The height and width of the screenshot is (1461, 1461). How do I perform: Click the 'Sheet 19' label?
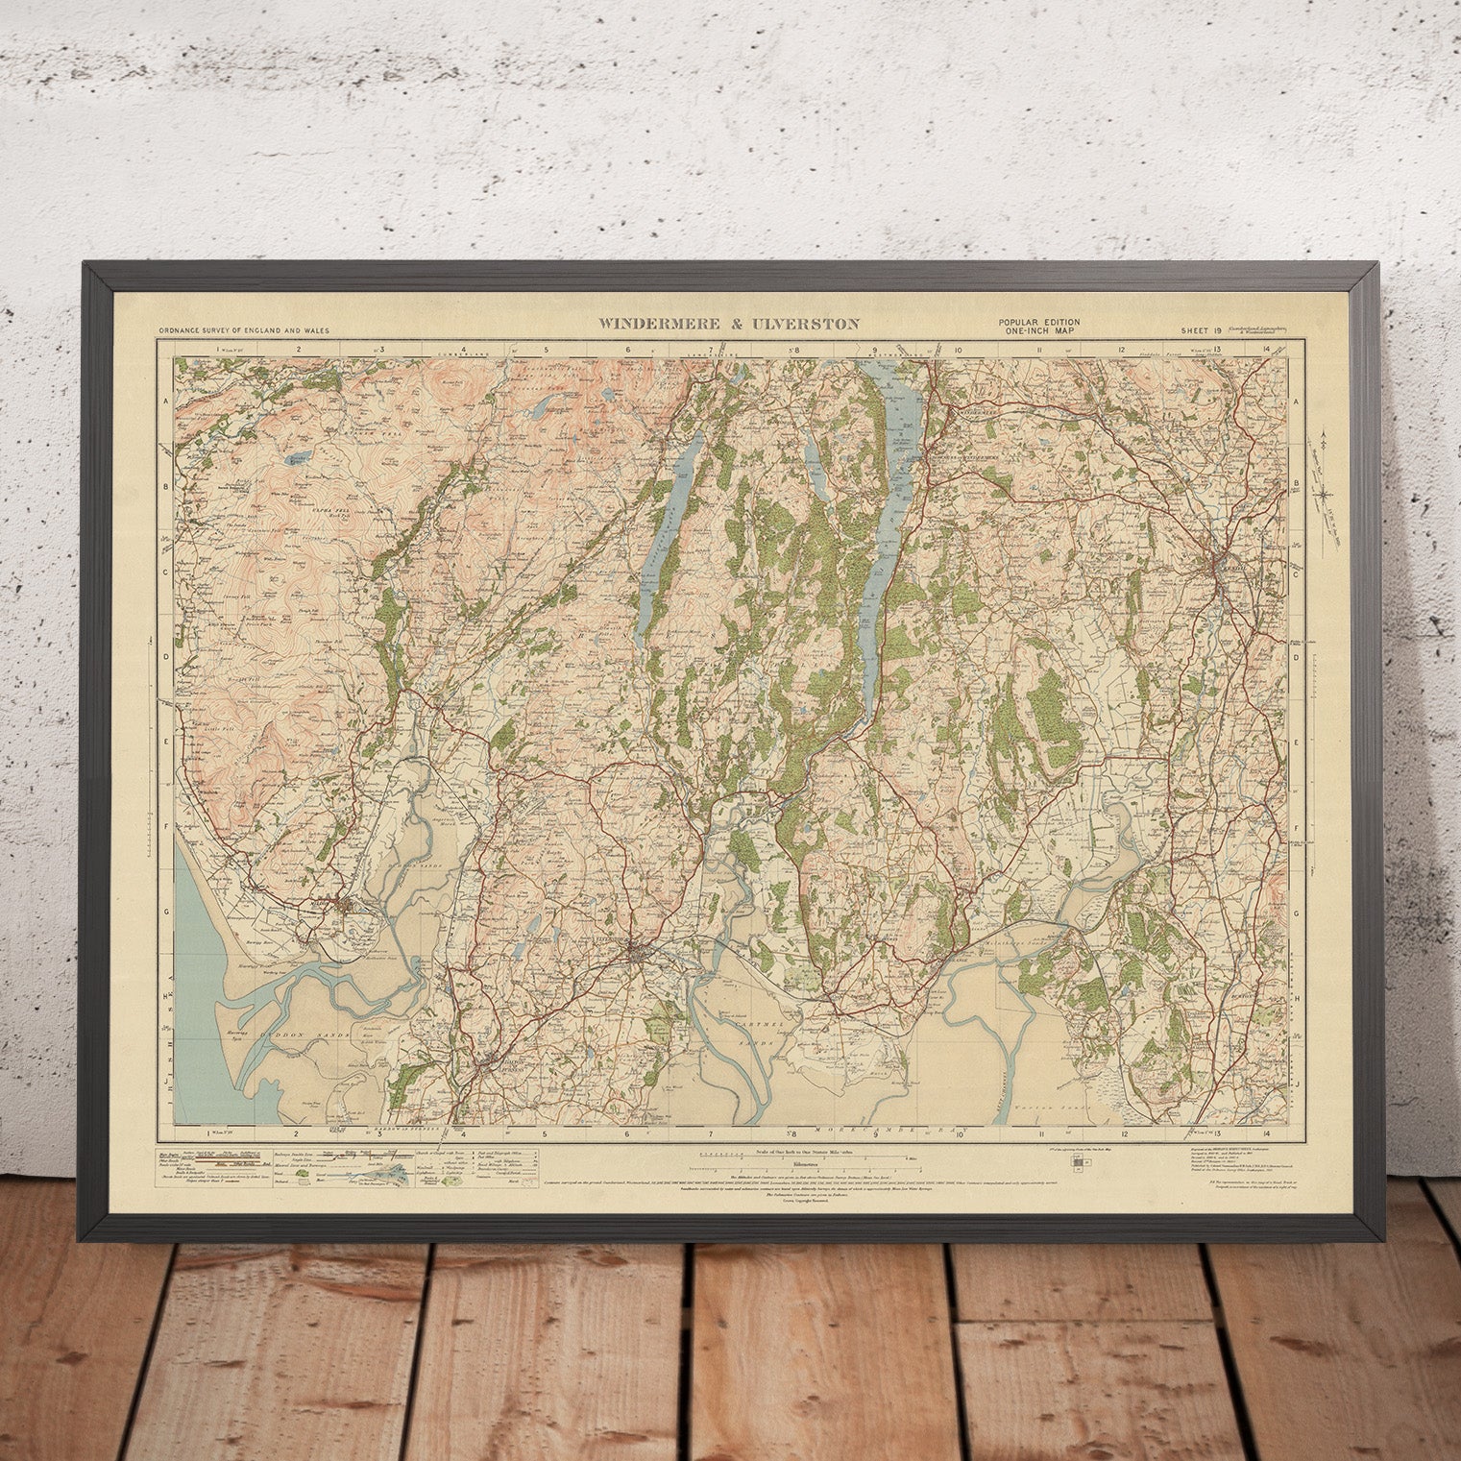pyautogui.click(x=1201, y=330)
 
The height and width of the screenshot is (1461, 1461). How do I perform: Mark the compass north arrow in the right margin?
pyautogui.click(x=1325, y=480)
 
